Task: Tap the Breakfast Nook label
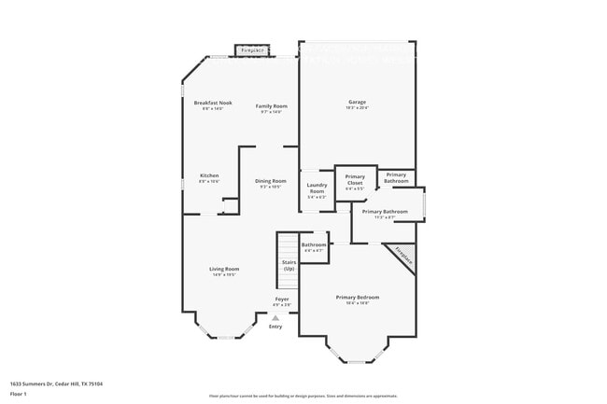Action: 213,103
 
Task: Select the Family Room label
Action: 272,106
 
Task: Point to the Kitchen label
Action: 209,175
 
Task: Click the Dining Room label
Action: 271,181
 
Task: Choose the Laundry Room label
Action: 317,188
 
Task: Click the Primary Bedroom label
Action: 358,297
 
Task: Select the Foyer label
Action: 281,299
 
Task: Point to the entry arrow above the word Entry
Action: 275,317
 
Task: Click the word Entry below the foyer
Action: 275,327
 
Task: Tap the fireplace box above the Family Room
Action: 252,50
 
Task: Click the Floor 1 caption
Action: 19,393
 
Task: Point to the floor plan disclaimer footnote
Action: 303,396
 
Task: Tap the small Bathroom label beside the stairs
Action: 314,244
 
